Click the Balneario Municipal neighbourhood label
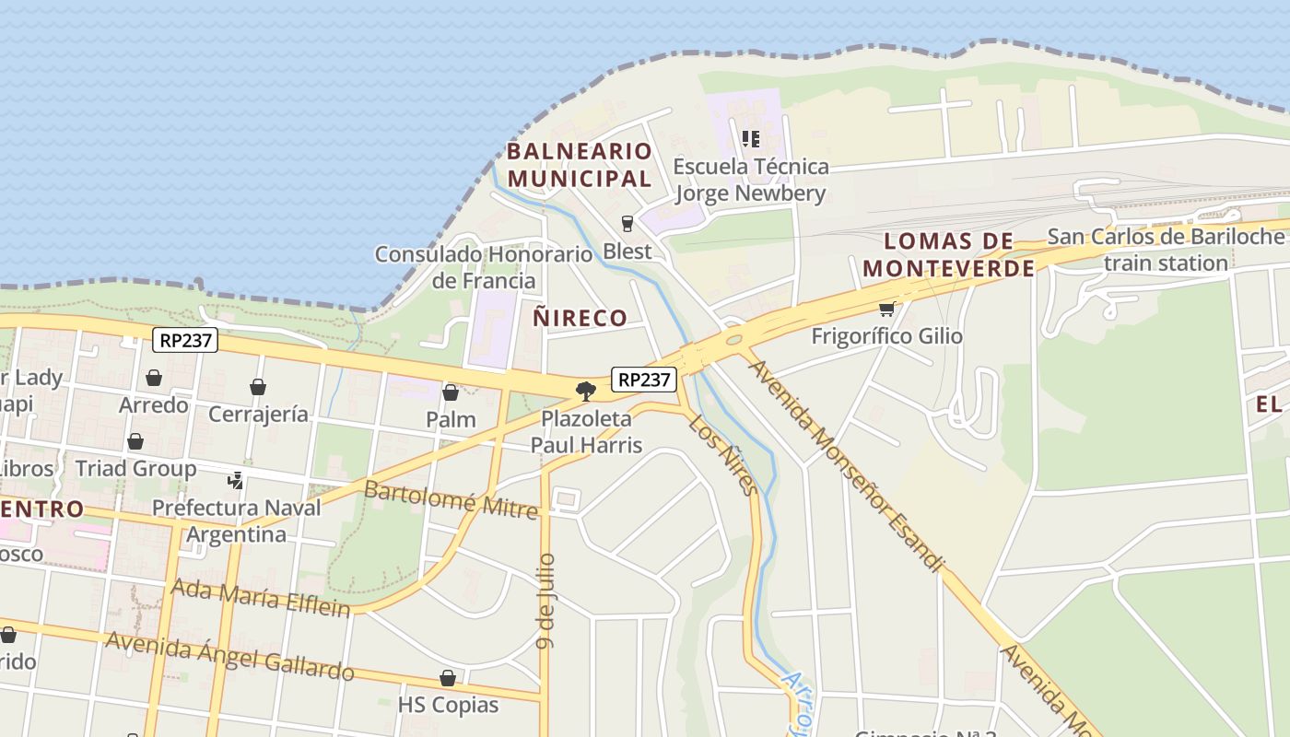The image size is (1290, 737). click(580, 164)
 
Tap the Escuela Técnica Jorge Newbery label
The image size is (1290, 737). click(751, 180)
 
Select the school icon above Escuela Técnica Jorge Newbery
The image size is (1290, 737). click(751, 139)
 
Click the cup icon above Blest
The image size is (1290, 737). click(627, 223)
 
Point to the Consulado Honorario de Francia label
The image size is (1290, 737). click(484, 267)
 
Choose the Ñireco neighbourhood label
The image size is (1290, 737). click(580, 318)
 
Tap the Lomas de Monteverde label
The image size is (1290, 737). click(949, 254)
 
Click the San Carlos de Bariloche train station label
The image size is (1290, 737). click(1167, 249)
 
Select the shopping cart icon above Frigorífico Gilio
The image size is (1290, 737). click(886, 310)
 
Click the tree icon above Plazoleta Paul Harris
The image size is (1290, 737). click(585, 392)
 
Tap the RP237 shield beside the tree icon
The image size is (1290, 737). click(644, 379)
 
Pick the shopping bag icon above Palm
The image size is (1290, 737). click(451, 392)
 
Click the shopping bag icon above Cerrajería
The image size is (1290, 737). click(258, 387)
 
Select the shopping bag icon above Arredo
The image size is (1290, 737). click(154, 378)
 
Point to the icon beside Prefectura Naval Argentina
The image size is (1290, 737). click(236, 480)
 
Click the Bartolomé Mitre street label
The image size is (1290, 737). click(451, 498)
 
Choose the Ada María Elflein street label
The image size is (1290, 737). click(261, 597)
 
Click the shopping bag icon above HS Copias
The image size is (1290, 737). click(448, 678)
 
